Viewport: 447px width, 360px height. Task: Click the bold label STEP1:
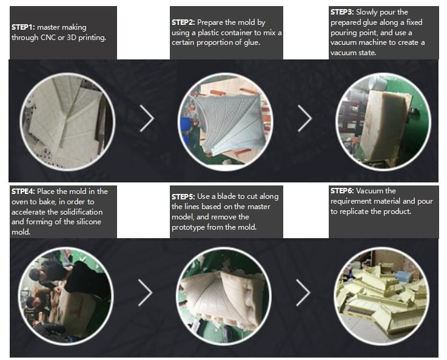[23, 27]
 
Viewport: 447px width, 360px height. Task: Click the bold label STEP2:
[183, 22]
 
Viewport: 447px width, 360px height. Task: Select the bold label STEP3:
[342, 12]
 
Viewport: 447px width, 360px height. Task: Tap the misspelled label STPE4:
[24, 191]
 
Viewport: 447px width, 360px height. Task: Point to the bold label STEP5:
[183, 196]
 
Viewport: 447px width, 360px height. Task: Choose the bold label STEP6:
[342, 190]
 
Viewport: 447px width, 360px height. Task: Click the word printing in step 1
[92, 38]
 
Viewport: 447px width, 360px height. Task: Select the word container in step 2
[238, 33]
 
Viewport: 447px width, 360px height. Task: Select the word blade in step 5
[226, 196]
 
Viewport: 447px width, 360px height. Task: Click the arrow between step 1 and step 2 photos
[147, 118]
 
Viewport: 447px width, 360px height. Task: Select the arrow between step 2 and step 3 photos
[304, 118]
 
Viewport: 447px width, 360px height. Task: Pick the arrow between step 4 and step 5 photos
[146, 293]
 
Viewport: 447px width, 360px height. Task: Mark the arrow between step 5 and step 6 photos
[303, 293]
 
